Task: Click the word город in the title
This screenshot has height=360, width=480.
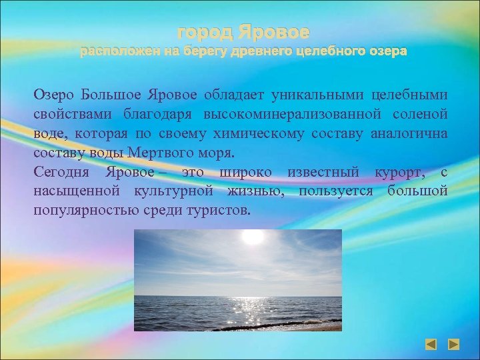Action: point(202,32)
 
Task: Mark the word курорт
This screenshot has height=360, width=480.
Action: point(397,172)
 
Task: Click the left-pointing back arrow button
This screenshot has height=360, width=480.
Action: point(432,345)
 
